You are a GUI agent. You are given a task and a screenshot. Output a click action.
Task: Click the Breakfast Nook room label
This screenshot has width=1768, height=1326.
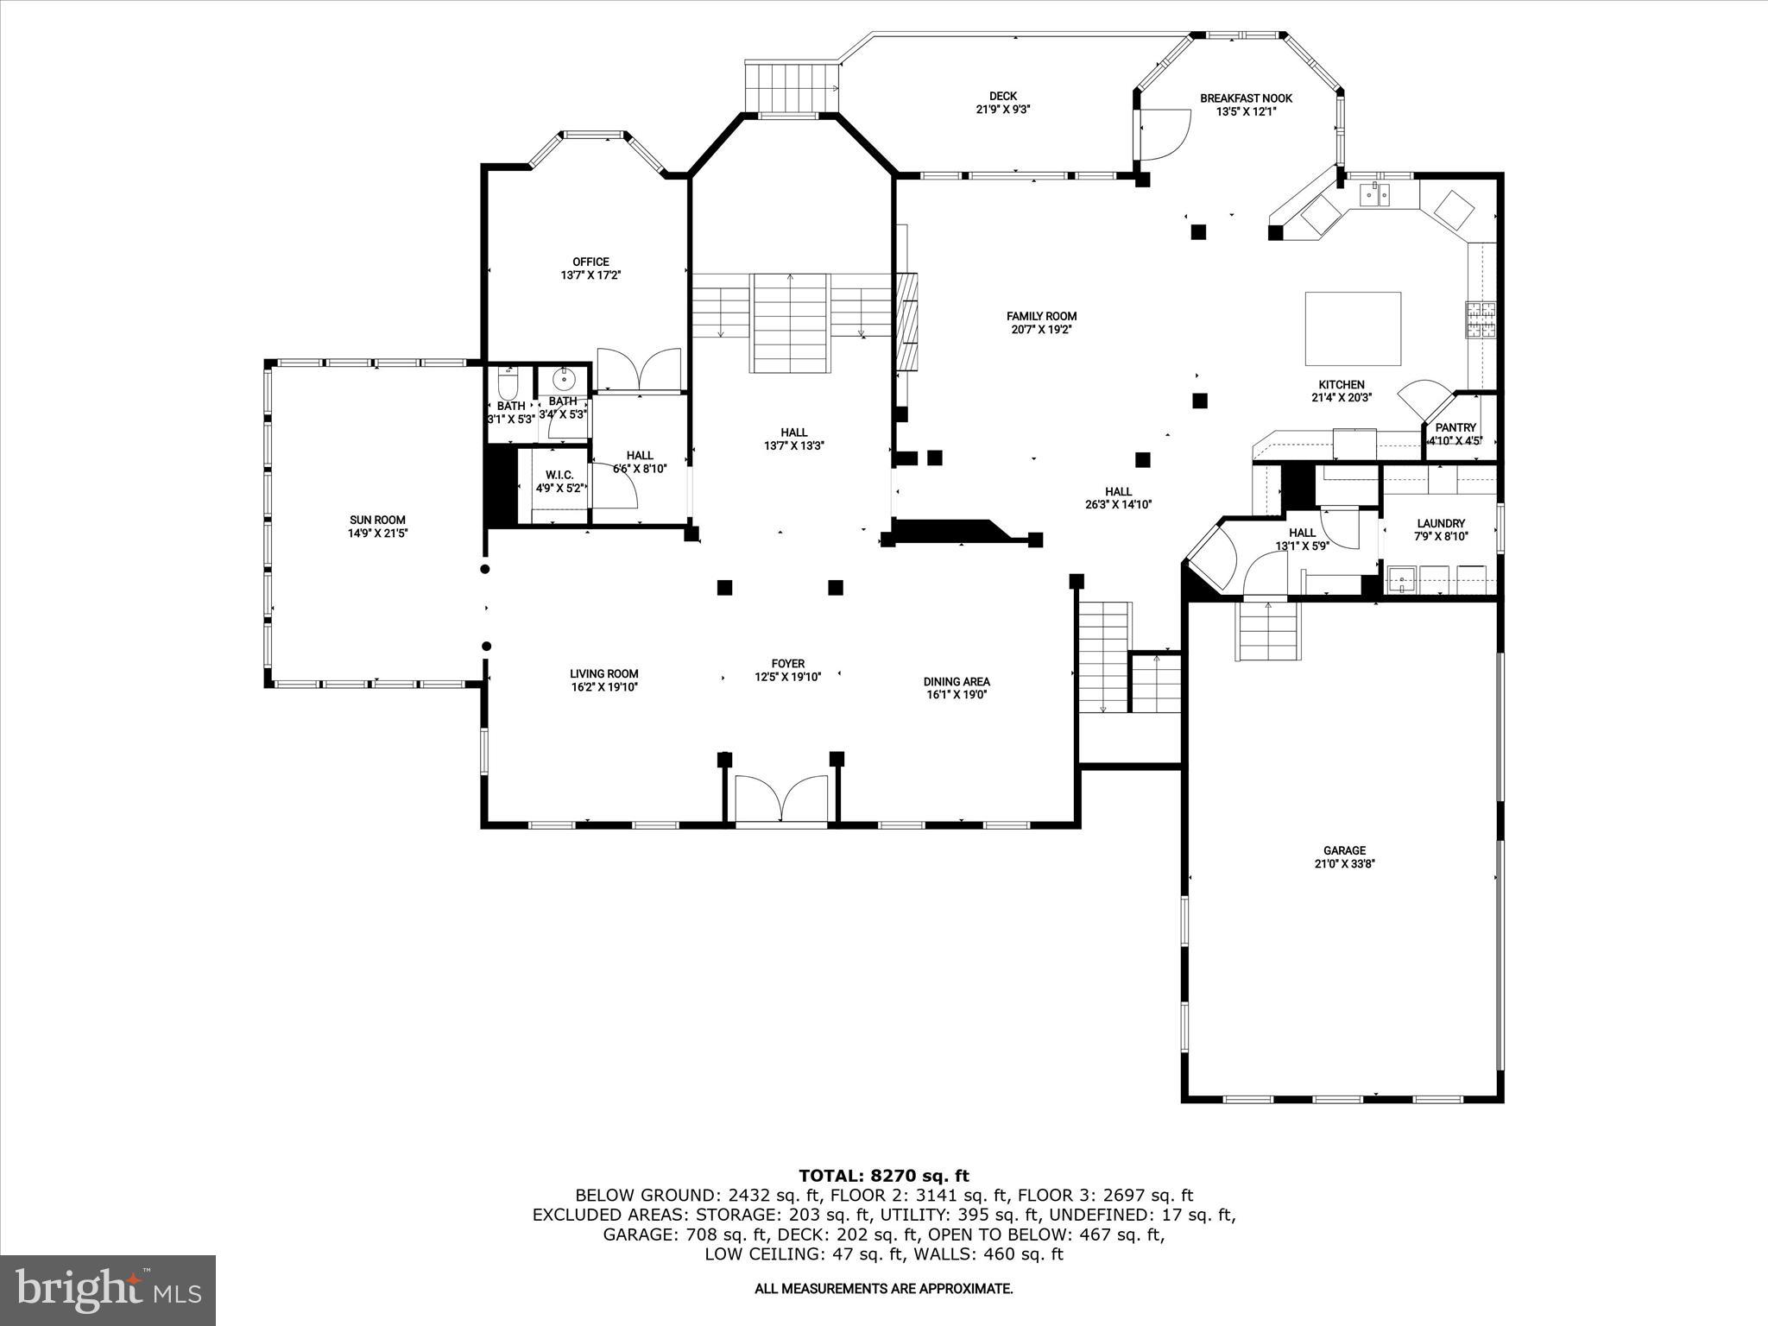pos(1246,98)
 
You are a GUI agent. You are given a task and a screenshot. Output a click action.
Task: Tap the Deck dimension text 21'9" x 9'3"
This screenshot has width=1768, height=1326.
pos(1002,110)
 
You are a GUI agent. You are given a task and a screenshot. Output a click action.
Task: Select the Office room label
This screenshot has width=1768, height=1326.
pos(590,262)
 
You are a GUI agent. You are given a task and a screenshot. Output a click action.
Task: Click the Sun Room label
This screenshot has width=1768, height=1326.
pos(377,520)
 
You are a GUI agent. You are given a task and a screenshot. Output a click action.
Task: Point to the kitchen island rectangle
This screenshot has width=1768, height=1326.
pos(1352,329)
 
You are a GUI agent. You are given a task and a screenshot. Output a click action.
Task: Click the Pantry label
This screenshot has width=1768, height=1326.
pos(1455,427)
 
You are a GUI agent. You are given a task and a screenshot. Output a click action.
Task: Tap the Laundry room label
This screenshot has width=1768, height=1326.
pos(1441,523)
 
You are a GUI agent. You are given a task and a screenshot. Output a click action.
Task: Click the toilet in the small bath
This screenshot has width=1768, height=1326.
pos(508,382)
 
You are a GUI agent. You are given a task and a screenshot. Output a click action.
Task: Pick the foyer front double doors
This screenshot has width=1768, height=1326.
pos(781,799)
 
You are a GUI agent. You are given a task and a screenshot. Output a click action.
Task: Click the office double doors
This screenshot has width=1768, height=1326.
pos(639,369)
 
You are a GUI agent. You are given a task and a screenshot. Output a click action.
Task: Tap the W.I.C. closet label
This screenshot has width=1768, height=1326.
pos(559,475)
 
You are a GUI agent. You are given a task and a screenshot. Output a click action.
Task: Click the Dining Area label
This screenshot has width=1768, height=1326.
pos(957,681)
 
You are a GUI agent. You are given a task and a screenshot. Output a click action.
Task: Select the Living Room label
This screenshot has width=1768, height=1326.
pos(603,674)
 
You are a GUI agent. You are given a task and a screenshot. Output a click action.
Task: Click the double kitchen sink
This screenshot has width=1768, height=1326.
pos(1376,194)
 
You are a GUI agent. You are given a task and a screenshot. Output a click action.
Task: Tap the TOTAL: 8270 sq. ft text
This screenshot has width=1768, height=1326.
pos(883,1176)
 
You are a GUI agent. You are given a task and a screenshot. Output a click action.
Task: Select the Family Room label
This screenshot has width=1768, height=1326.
pos(1041,316)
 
